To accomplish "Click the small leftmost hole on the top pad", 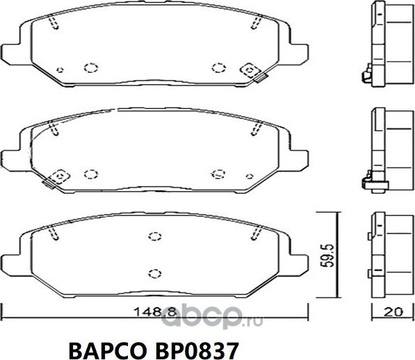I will tap(60, 69).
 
